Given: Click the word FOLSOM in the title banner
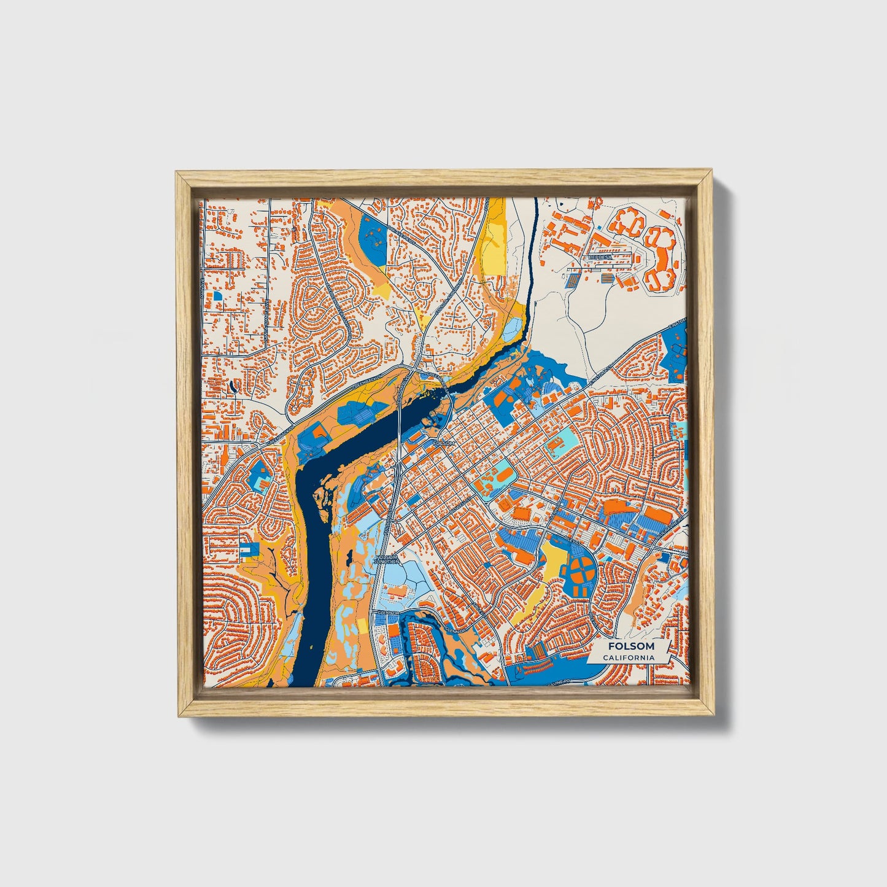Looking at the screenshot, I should [631, 646].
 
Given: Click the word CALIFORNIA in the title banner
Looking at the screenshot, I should [628, 658].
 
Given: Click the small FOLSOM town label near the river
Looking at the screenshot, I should [444, 443].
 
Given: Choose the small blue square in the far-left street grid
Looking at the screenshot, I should [217, 295].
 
